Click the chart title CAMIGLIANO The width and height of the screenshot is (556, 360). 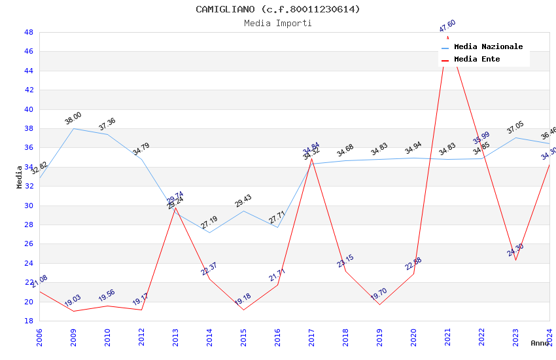(x=277, y=9)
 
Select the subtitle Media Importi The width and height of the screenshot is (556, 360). (x=277, y=23)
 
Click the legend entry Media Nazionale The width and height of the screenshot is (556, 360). (x=488, y=47)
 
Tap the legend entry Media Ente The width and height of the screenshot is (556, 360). (x=477, y=60)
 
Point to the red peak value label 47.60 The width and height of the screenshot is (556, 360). (x=447, y=26)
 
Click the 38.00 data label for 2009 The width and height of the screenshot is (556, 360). (x=73, y=118)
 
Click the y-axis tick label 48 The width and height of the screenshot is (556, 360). (x=28, y=32)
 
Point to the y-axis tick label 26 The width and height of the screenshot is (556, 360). (x=28, y=244)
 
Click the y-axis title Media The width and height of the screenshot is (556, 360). (x=19, y=177)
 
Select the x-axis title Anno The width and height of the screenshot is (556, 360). (x=540, y=343)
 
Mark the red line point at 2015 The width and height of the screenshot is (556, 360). (x=243, y=310)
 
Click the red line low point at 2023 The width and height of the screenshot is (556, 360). (x=515, y=261)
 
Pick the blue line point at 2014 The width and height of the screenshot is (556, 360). (x=209, y=232)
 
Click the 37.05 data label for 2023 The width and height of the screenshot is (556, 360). (x=515, y=128)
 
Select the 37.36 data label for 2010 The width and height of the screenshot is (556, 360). (x=107, y=124)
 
